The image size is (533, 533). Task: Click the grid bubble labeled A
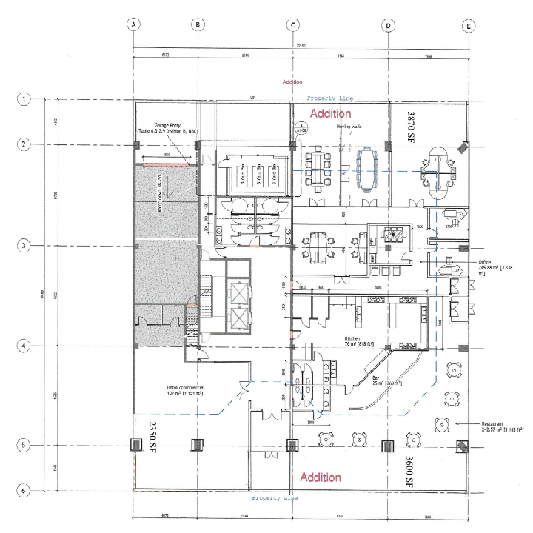[x=133, y=24]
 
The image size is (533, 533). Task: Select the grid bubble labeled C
[x=293, y=24]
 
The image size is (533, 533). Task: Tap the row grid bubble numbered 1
[x=25, y=98]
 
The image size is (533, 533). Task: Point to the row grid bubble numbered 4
[x=25, y=346]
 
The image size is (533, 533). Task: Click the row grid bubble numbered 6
[x=25, y=490]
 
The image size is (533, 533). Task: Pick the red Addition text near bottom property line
[x=320, y=477]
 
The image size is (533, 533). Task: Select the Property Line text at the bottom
[x=275, y=499]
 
